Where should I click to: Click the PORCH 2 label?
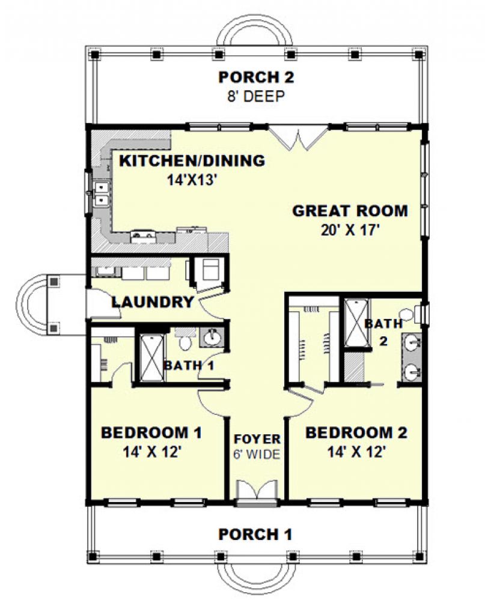click(256, 77)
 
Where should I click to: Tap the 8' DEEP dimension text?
click(256, 96)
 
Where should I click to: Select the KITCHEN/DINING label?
click(192, 161)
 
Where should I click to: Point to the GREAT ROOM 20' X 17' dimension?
click(350, 231)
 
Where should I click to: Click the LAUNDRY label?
click(153, 302)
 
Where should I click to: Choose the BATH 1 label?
click(189, 365)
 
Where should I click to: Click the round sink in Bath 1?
click(211, 338)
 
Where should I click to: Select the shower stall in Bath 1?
click(152, 358)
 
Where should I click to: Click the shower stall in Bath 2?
click(356, 323)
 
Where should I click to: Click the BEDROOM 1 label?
click(151, 433)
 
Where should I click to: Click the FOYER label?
click(257, 439)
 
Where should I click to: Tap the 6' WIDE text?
click(257, 455)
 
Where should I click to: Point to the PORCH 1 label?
click(255, 534)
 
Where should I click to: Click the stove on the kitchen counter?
click(144, 237)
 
